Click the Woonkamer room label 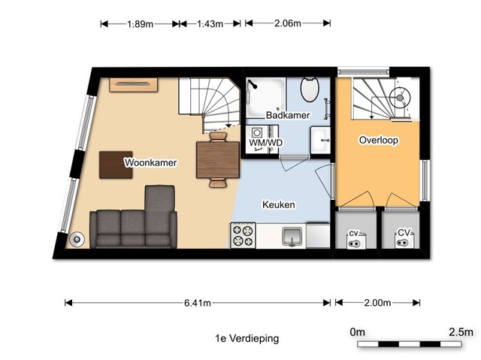(x=150, y=162)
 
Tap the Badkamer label (x=288, y=115)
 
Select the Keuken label (x=279, y=204)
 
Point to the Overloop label (x=379, y=140)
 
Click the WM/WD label (x=265, y=143)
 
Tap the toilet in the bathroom (x=310, y=89)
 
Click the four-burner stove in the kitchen (x=243, y=235)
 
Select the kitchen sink (x=292, y=237)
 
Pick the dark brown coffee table (x=116, y=165)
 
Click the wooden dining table (x=218, y=159)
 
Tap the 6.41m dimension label (x=198, y=303)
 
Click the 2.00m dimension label (x=377, y=303)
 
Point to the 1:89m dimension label (x=141, y=23)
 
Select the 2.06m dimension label (x=288, y=23)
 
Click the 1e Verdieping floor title (x=247, y=338)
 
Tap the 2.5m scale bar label (x=461, y=331)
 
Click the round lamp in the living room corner (x=77, y=239)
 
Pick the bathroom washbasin (x=321, y=140)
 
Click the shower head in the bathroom (x=253, y=83)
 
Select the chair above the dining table (x=218, y=137)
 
